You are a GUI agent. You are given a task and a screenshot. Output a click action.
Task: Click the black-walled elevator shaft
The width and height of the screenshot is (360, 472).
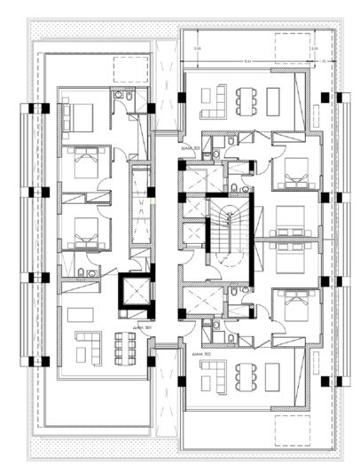pyautogui.click(x=134, y=291)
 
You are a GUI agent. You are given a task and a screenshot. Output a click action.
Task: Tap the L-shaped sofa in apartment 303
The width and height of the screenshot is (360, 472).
pyautogui.click(x=214, y=104)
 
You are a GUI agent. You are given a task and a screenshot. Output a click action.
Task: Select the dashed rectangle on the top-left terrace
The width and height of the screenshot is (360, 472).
pyautogui.click(x=131, y=69)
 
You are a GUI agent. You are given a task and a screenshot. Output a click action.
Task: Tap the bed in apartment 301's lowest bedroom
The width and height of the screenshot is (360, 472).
pyautogui.click(x=84, y=236)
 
